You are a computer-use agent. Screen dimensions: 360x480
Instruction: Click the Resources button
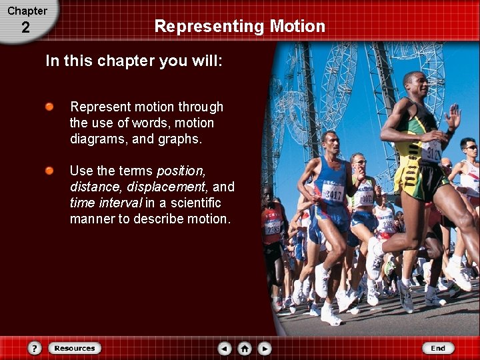75,348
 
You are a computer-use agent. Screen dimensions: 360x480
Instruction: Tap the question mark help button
35,348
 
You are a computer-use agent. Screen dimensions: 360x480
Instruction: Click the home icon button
245,348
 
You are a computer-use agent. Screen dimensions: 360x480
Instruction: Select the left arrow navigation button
225,348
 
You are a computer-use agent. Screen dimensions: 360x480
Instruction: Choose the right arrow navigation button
265,348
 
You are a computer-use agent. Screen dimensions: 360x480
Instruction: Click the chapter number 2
25,28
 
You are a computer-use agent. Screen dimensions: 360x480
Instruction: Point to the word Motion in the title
297,27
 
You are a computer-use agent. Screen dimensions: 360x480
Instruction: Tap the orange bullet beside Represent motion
50,107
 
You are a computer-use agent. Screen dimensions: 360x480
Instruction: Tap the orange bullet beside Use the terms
50,171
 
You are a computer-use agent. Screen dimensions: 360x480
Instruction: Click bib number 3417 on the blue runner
334,195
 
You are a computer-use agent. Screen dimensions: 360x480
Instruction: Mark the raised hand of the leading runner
454,116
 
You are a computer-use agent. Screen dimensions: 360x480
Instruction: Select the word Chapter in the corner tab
27,11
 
